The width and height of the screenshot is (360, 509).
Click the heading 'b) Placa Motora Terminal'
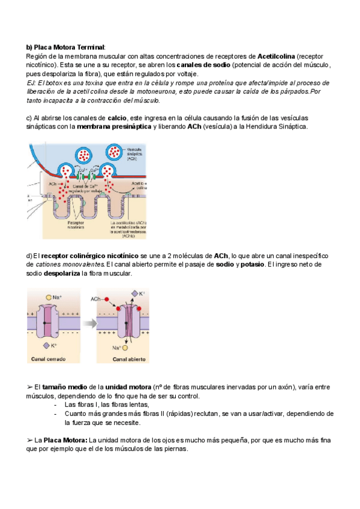coord(65,47)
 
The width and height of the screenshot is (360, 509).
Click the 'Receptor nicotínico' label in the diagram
coord(76,226)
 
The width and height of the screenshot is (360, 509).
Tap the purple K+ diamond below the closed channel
coord(46,346)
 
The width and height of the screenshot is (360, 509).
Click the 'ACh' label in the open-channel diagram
coord(95,298)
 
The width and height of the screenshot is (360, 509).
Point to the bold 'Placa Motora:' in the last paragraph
coord(65,440)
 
